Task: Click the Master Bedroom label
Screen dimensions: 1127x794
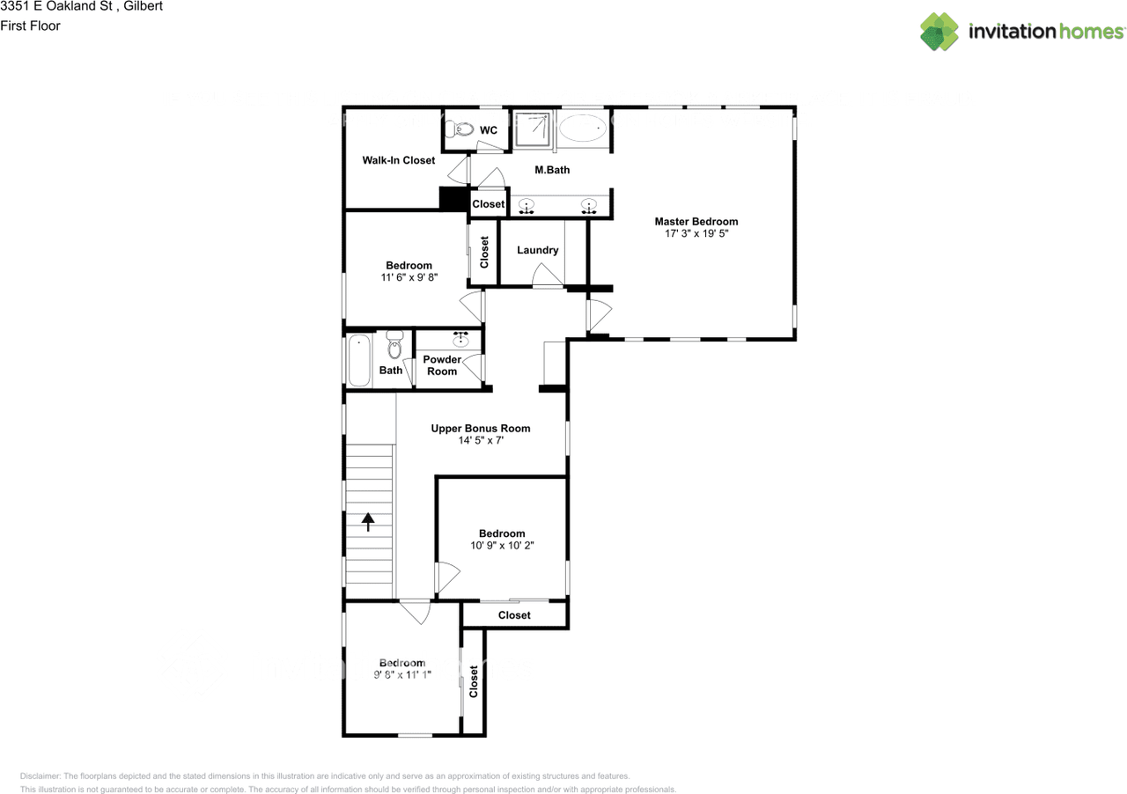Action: [x=696, y=222]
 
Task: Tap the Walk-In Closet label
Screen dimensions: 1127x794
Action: [x=399, y=160]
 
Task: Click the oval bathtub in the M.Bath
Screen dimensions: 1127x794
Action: [x=583, y=128]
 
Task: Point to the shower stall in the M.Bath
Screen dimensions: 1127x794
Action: [x=533, y=129]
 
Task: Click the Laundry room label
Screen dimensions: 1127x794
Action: [x=537, y=250]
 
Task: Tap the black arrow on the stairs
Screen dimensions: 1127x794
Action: [x=368, y=522]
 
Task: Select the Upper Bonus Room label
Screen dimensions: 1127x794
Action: [x=481, y=428]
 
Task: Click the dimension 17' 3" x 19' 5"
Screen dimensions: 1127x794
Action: [x=696, y=233]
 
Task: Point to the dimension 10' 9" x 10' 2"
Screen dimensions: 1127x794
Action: [x=502, y=546]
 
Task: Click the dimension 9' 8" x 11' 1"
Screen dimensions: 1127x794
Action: [x=402, y=675]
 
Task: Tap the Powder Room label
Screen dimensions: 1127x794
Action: [x=442, y=365]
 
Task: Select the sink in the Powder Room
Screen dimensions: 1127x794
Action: [x=460, y=340]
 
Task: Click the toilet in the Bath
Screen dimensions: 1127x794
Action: [x=395, y=345]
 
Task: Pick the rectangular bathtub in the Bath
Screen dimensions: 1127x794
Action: [x=359, y=361]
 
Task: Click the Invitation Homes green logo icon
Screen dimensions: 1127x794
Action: [x=939, y=32]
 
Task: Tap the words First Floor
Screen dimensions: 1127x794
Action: [x=30, y=26]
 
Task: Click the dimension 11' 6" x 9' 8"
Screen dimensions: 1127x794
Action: [x=409, y=277]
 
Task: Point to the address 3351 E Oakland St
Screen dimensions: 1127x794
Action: [x=56, y=6]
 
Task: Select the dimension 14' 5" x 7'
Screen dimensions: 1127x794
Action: [x=481, y=440]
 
